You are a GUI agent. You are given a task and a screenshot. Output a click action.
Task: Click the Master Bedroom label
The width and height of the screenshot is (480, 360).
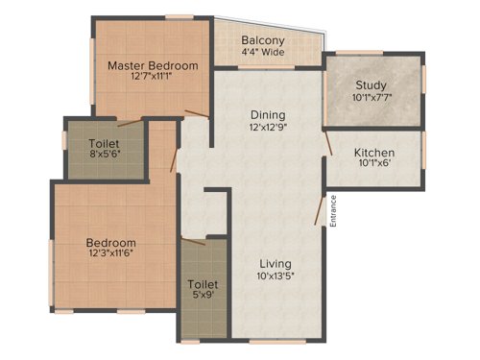pos(153,65)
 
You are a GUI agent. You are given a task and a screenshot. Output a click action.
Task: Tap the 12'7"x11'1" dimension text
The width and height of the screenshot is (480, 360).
pos(153,78)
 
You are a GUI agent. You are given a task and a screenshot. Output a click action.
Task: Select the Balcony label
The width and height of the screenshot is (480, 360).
pos(262,40)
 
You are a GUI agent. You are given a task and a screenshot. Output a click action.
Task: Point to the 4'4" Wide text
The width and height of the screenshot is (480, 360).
pos(262,53)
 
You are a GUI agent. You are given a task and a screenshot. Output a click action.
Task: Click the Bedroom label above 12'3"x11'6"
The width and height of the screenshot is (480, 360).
pos(110,243)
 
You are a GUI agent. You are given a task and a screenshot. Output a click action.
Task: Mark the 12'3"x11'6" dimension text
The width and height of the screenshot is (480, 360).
pos(110,255)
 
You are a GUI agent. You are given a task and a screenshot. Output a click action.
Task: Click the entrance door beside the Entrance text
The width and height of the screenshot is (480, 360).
pos(320,209)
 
